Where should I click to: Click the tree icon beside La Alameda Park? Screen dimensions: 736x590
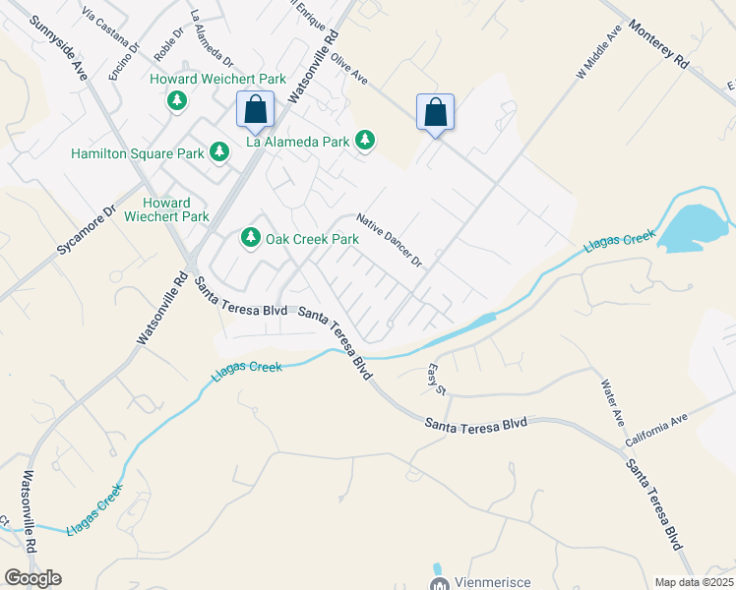coord(365,142)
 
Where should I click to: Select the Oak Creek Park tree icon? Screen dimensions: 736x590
coord(251,238)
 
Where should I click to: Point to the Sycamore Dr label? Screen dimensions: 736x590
coord(87,231)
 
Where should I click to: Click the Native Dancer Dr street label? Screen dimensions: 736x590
coord(389,241)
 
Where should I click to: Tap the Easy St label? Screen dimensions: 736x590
coord(437,378)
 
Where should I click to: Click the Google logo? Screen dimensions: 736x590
coord(32,578)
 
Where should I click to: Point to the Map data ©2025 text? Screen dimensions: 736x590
coord(694,582)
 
